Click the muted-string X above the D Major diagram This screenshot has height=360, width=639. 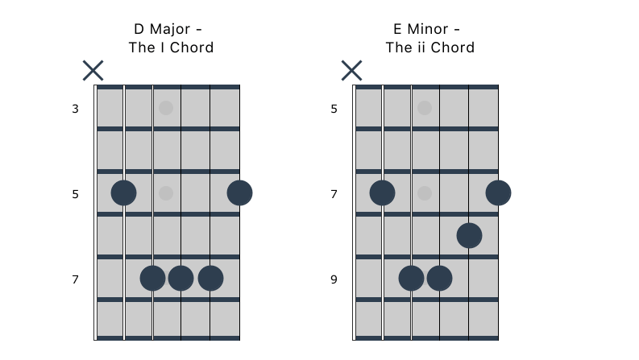tap(93, 70)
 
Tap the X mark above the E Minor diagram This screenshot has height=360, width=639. tap(351, 70)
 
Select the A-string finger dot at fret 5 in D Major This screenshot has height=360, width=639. tap(123, 193)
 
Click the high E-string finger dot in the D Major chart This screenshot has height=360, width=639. tap(239, 193)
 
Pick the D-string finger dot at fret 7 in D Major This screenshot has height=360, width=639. tap(152, 279)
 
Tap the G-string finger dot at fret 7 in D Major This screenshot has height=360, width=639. tap(181, 279)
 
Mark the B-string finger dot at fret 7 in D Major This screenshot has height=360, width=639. tap(210, 279)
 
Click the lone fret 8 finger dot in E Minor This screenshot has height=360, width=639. tap(469, 236)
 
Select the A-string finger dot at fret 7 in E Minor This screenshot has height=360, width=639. tap(382, 193)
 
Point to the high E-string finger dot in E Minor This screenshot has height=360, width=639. tap(498, 193)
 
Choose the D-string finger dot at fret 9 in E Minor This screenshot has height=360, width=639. tap(411, 279)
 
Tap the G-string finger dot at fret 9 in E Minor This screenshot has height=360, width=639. tap(439, 279)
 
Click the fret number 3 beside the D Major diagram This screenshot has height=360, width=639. tap(75, 109)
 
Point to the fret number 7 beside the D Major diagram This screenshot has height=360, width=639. tap(75, 279)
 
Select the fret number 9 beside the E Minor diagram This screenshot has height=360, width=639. tap(334, 279)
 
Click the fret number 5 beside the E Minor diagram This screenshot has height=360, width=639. tap(334, 109)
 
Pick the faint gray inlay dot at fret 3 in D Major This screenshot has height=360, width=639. tap(166, 108)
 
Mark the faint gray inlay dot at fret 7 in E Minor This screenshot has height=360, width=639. tap(425, 193)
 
